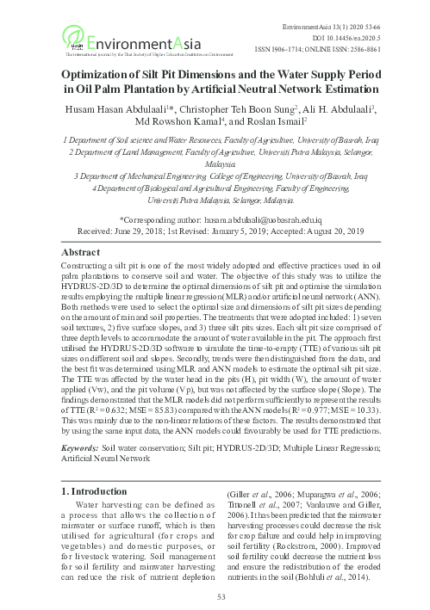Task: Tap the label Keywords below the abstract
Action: pyautogui.click(x=85, y=447)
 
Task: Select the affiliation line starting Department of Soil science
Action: pyautogui.click(x=215, y=138)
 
